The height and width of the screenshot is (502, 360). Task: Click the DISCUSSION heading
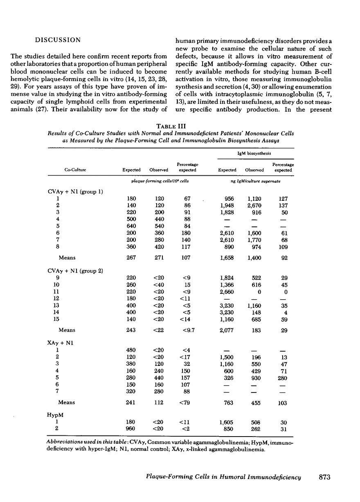click(57, 40)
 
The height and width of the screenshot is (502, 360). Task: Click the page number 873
click(323, 477)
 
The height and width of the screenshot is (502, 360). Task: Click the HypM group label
click(55, 414)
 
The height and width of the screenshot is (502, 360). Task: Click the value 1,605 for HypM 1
click(227, 422)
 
